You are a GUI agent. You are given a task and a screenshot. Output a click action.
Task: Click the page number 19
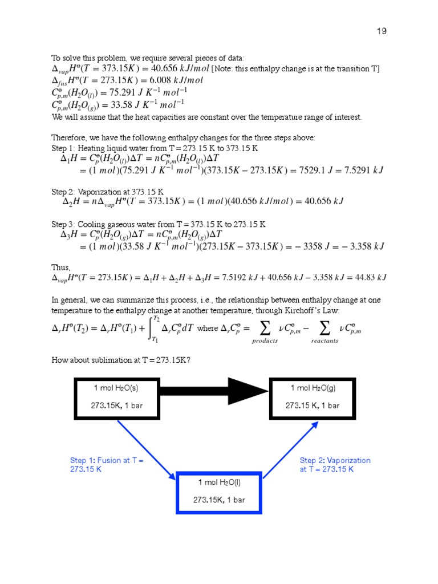point(382,31)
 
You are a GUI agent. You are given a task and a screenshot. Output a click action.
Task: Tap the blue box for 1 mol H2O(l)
point(219,491)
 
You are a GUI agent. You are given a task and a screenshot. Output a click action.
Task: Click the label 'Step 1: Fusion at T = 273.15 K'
point(107,465)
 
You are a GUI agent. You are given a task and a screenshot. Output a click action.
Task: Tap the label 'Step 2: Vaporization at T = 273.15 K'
point(335,465)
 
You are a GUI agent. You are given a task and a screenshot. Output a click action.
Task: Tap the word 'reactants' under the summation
point(325,341)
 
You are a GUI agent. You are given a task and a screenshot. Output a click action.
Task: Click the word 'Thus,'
point(61,267)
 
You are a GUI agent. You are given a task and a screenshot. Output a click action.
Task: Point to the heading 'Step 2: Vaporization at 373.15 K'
point(108,192)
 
